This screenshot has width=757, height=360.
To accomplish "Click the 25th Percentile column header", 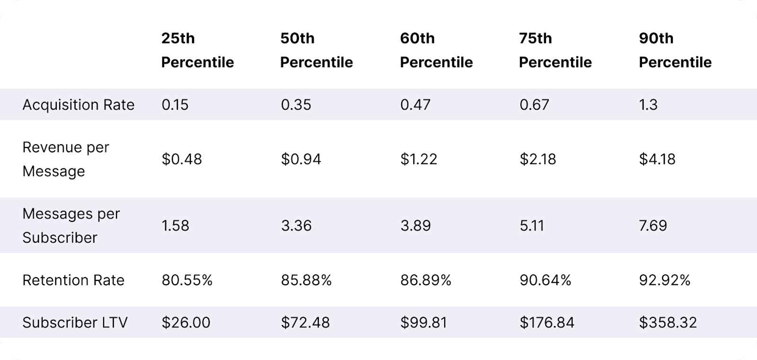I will click(197, 50).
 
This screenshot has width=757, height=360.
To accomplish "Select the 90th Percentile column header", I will click(675, 50).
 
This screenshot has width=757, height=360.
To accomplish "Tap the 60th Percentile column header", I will click(436, 50).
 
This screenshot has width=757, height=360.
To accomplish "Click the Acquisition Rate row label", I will click(79, 105).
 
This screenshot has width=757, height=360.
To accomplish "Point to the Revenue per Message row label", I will click(66, 159).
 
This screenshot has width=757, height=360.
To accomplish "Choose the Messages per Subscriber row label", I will click(71, 225).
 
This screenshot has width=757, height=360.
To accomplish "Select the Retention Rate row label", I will click(73, 280).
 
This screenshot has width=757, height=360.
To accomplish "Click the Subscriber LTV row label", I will click(75, 323).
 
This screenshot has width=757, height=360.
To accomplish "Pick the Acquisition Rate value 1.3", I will click(648, 105).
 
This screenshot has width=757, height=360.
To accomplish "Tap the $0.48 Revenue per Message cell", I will click(182, 159).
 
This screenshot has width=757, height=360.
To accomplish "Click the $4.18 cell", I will click(657, 159).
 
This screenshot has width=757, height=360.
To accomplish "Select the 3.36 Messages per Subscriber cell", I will click(296, 225).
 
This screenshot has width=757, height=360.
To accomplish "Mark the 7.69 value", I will click(653, 225).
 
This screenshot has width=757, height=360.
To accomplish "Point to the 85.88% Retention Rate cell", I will click(306, 280).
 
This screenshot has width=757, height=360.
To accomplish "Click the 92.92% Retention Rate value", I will click(664, 280).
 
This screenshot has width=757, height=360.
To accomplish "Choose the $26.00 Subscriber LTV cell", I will click(186, 323).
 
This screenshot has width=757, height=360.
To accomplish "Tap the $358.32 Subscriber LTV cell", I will click(668, 323).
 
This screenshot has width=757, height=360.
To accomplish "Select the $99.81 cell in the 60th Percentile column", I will click(423, 323).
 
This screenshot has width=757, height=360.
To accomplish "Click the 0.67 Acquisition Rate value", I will click(534, 105).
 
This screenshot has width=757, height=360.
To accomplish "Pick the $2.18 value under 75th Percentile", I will click(537, 159).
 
